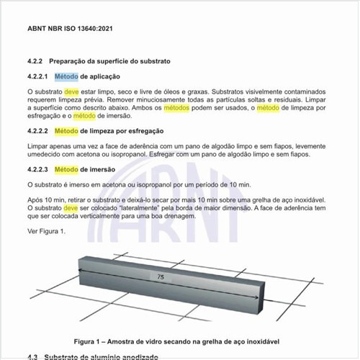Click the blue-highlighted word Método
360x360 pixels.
66,76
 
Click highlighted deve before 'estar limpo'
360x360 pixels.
71,92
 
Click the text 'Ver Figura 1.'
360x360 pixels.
46,231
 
